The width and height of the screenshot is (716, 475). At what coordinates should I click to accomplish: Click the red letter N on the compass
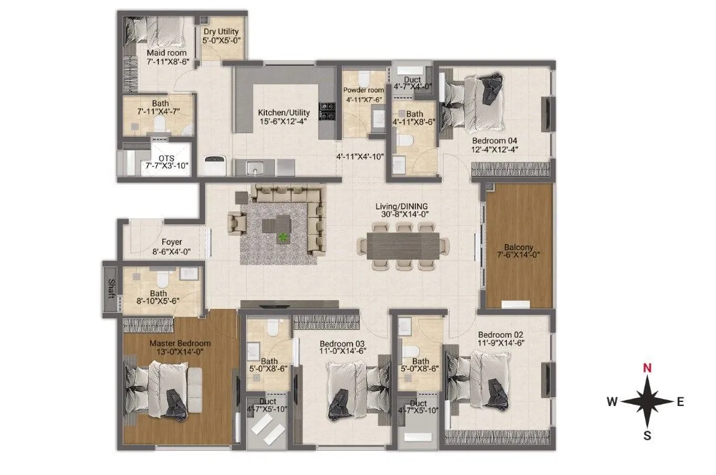click(646, 367)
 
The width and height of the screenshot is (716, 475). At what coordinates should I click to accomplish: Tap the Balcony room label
click(518, 246)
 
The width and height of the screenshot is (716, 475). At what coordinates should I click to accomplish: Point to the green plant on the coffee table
click(283, 236)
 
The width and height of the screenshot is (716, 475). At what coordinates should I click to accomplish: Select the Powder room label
click(363, 90)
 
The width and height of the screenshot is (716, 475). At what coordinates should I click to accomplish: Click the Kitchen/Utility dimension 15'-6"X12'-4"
click(284, 122)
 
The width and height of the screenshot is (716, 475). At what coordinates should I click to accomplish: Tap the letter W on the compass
click(612, 402)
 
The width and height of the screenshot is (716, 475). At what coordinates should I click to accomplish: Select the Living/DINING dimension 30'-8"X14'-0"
click(402, 215)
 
